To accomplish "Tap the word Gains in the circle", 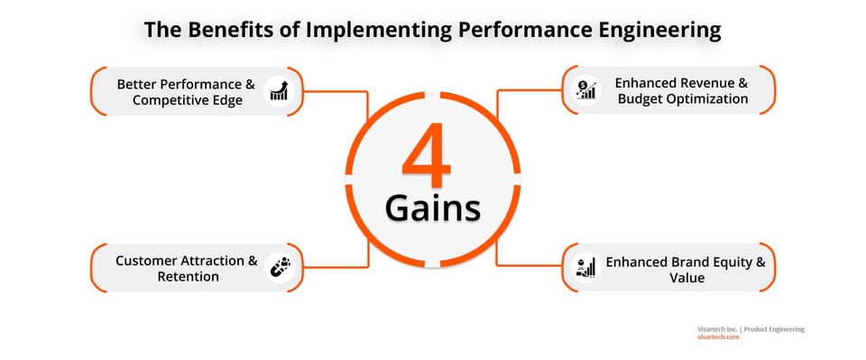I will [x=432, y=208].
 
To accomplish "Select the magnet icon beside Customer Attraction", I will [x=279, y=269].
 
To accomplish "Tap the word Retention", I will [x=187, y=277].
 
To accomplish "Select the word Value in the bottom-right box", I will [x=686, y=278].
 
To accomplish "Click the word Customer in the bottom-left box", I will [x=145, y=261].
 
